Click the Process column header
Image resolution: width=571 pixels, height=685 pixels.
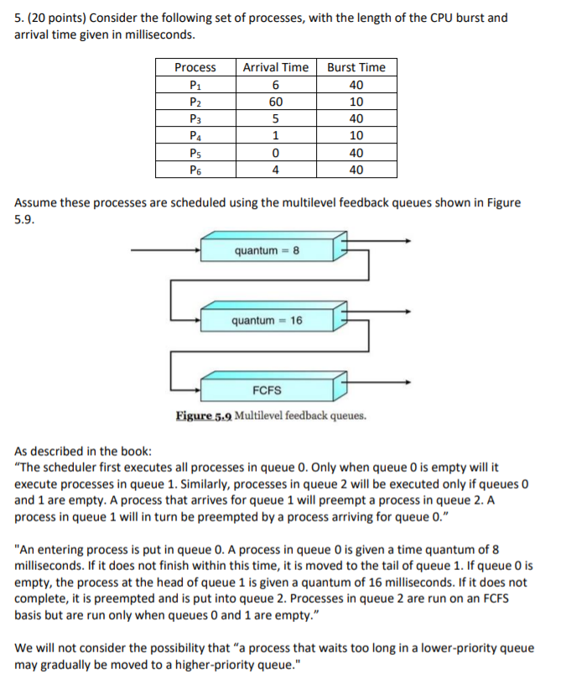[x=195, y=67]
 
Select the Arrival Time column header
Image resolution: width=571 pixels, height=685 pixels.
[x=275, y=67]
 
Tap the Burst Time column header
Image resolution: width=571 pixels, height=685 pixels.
[x=356, y=67]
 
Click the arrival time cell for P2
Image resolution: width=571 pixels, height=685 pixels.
[x=275, y=102]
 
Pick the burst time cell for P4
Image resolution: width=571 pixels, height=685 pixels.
[x=356, y=136]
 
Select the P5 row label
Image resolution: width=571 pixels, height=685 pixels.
[x=195, y=153]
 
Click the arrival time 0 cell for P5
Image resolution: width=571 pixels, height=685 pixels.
[x=275, y=153]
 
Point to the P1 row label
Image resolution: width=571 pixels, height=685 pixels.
[x=195, y=85]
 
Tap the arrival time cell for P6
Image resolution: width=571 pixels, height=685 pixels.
[x=275, y=170]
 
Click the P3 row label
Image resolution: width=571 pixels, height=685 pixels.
[x=195, y=119]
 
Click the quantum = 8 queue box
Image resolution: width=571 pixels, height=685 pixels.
[x=267, y=250]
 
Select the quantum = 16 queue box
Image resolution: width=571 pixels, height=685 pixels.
[x=267, y=321]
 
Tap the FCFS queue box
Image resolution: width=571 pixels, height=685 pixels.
[x=267, y=390]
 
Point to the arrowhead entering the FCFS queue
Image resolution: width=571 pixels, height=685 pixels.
[x=197, y=390]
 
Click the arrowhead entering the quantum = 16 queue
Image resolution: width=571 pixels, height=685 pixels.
[x=197, y=320]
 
